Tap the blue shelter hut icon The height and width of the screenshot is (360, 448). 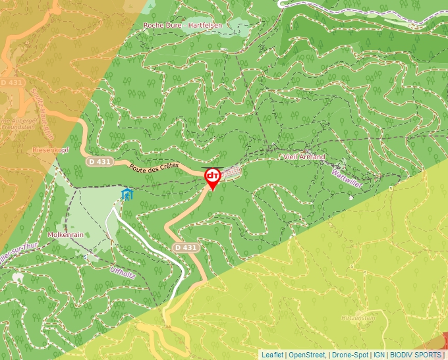point(126,194)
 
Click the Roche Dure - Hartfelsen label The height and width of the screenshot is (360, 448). point(183,25)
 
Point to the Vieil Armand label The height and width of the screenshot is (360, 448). point(304,157)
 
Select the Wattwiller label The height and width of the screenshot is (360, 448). point(347,177)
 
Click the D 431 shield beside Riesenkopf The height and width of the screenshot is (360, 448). point(99,161)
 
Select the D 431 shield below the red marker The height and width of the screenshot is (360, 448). point(186,247)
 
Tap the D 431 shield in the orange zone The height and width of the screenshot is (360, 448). point(11,83)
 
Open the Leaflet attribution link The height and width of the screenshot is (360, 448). point(272,355)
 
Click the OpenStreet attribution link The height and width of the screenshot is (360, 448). point(308,355)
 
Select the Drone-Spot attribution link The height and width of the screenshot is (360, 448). point(350,355)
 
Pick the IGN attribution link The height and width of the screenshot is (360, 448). point(379,355)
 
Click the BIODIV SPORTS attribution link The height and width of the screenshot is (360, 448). point(416,355)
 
